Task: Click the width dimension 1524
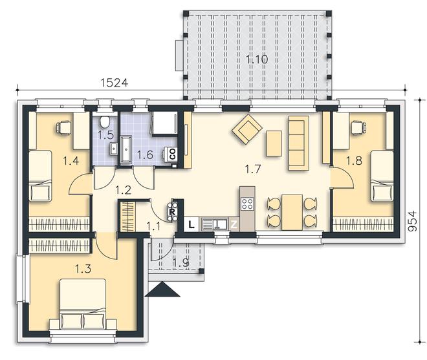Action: click(115, 83)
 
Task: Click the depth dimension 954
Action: click(413, 220)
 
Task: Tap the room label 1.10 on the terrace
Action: click(257, 59)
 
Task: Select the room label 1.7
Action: click(253, 169)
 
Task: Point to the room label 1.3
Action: click(83, 269)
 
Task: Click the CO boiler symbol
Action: click(172, 154)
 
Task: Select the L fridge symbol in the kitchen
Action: click(192, 224)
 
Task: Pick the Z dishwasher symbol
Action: click(234, 224)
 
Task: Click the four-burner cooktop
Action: click(247, 204)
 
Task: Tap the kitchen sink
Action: click(215, 224)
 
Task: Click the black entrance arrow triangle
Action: click(162, 289)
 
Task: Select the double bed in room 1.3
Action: click(83, 304)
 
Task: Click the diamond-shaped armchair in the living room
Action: click(247, 129)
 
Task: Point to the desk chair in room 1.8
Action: click(358, 127)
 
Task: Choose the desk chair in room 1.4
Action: click(64, 127)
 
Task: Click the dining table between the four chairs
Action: click(292, 213)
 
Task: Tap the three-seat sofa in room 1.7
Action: click(299, 143)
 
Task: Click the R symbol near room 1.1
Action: click(172, 211)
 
